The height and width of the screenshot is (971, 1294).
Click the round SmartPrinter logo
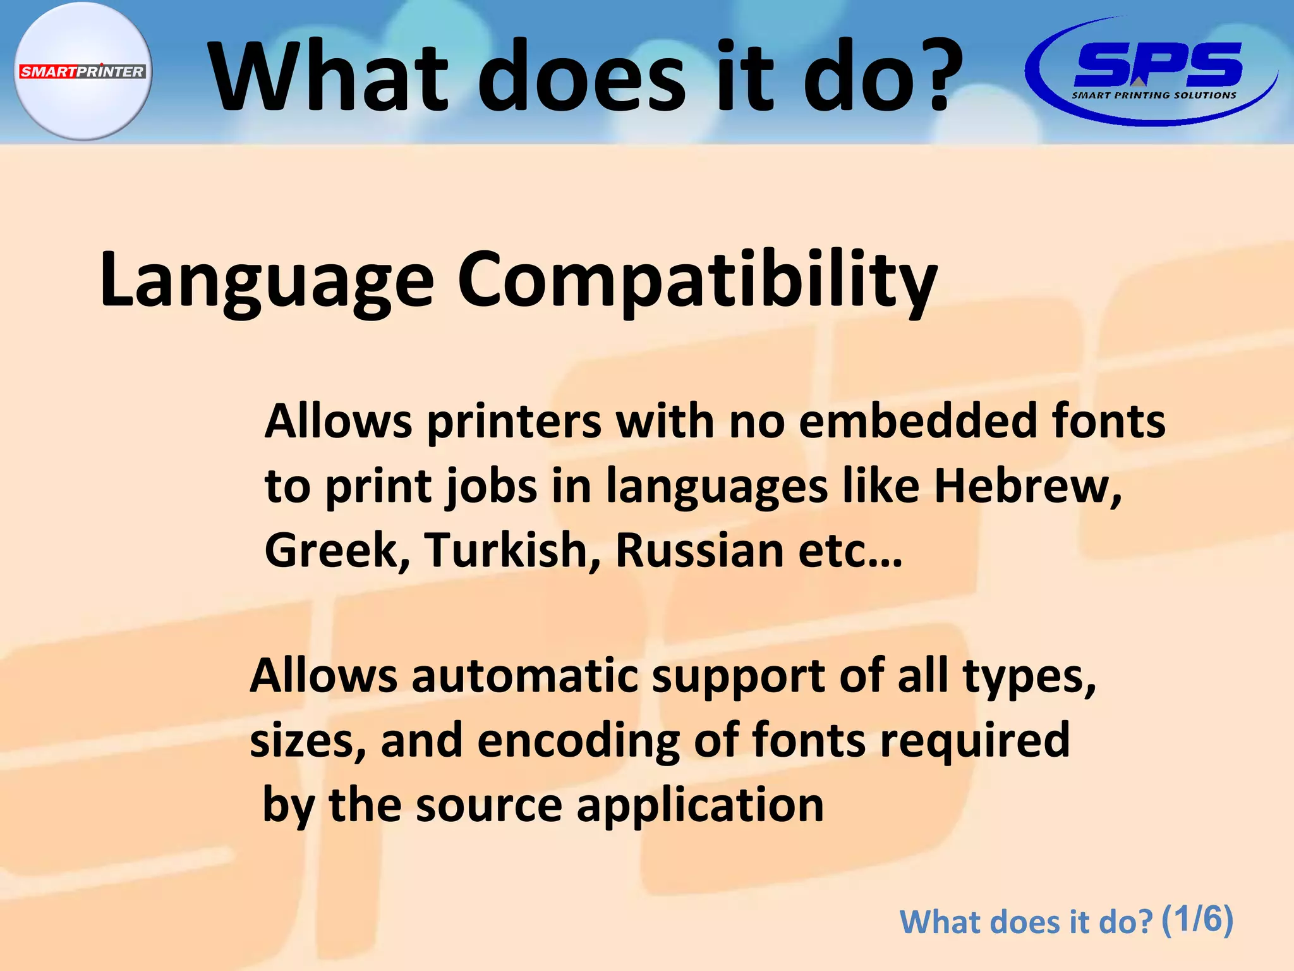pyautogui.click(x=83, y=71)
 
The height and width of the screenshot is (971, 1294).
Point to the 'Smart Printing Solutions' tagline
pyautogui.click(x=1154, y=95)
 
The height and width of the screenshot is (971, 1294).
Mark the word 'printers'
pyautogui.click(x=514, y=421)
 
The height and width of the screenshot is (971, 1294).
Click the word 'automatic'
pyautogui.click(x=525, y=675)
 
